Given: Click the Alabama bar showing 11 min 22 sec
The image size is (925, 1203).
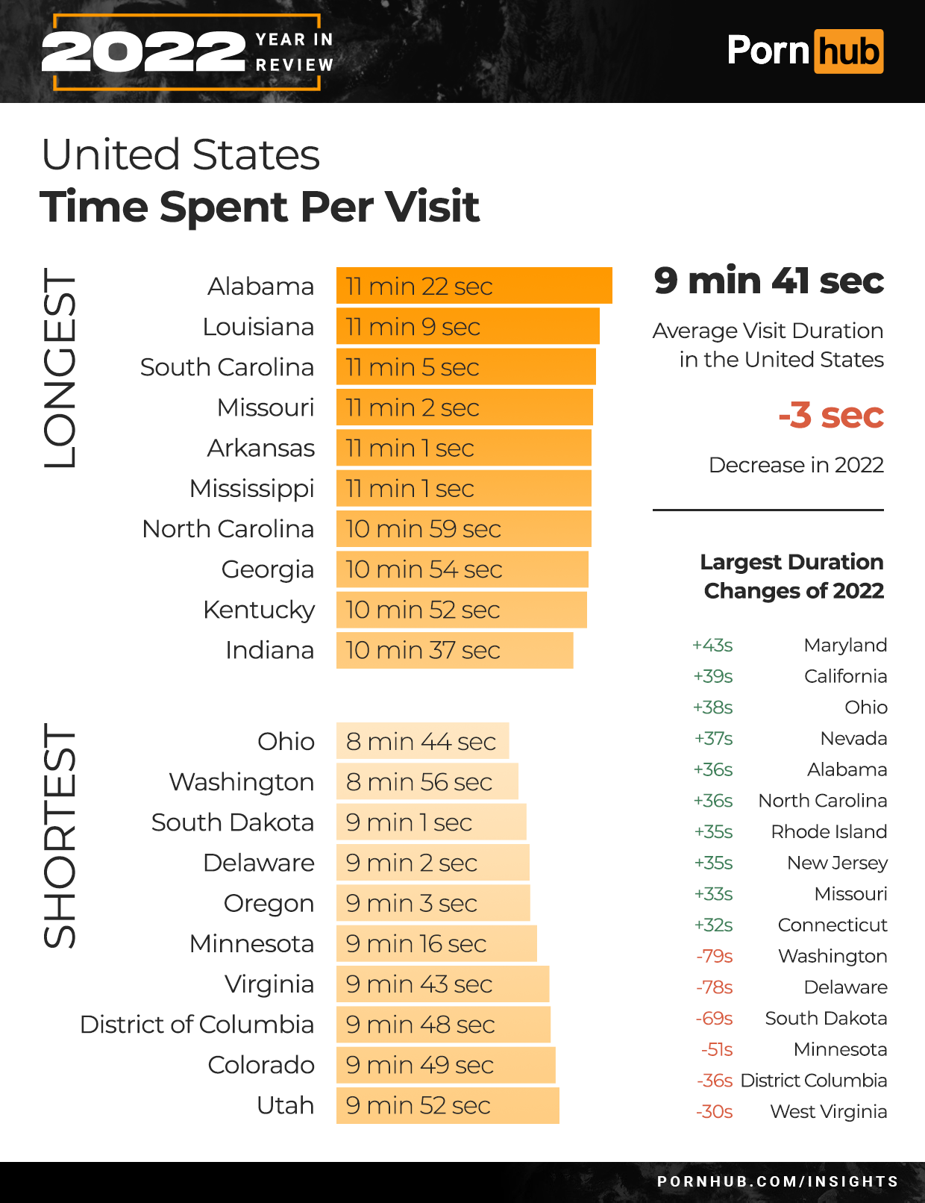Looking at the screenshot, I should pos(474,286).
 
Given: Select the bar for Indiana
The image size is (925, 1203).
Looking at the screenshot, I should pos(454,650).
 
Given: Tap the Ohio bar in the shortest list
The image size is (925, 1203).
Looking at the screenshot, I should pos(422,741).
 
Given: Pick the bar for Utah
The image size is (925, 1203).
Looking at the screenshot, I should pos(448,1105).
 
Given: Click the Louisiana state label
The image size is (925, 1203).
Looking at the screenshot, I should pos(258,327).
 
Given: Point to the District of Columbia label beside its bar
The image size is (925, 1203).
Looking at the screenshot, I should pos(197,1024).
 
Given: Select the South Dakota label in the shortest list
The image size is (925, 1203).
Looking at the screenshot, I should pos(233,822).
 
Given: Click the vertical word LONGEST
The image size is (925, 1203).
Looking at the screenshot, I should pos(60,369).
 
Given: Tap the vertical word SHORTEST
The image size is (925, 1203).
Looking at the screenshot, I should pos(60,836).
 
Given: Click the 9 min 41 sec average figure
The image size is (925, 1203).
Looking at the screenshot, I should pos(768,281).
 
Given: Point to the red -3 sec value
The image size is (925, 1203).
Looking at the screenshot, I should pos(831,415).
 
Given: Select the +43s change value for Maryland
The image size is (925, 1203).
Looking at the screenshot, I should pos(712,645).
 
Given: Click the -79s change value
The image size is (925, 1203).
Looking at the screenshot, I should pos(715,956).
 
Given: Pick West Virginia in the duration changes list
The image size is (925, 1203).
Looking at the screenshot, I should pos(828,1111).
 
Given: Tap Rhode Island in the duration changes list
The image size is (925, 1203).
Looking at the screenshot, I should pos(829,831).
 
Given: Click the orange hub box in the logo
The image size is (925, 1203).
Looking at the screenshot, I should pos(848,51).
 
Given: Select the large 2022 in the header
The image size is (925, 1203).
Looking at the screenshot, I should pos(143,52).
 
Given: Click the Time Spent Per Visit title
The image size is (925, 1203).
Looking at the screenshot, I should pos(260,207).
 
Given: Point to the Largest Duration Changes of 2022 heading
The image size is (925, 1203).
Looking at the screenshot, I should pos(792,576).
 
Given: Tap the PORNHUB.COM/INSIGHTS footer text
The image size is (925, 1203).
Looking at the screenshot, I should pos(777,1181).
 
